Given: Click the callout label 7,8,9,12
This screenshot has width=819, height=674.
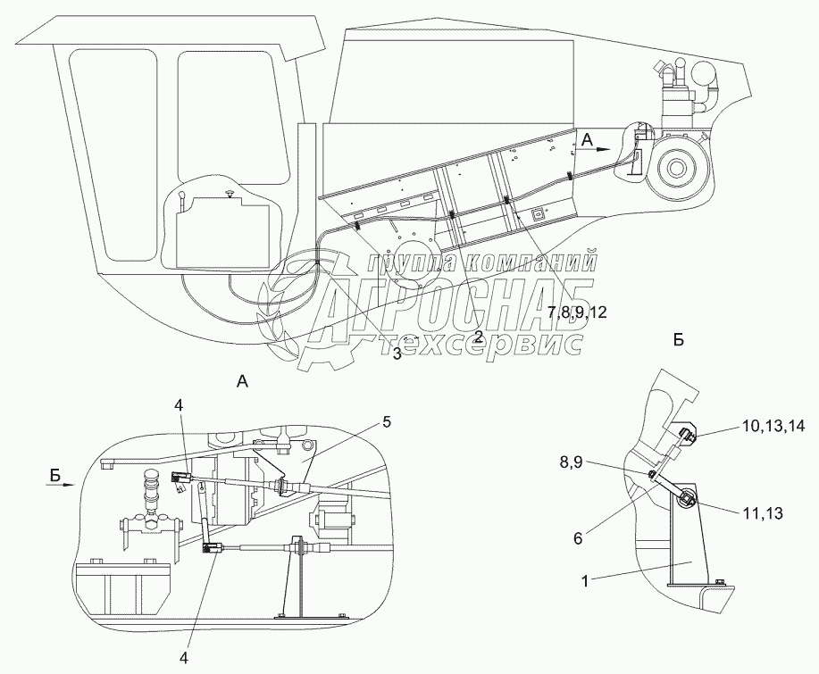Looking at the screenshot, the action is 577,312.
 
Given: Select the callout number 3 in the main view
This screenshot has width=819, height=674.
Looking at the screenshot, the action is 397,354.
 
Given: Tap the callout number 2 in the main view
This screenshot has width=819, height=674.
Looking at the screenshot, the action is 479,336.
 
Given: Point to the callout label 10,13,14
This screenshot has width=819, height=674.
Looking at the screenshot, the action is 773,426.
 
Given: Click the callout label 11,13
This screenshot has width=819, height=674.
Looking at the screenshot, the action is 762,513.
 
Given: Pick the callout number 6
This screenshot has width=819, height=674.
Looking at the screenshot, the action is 578,538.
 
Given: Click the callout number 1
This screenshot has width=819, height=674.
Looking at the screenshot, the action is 586,580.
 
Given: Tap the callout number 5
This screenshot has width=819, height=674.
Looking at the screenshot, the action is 386,422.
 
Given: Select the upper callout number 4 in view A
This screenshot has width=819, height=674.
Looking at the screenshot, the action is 180,405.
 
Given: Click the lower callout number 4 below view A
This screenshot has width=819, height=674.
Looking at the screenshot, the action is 183,658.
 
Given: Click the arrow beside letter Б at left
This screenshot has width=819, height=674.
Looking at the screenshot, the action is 63,485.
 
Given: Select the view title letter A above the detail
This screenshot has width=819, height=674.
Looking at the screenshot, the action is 242,382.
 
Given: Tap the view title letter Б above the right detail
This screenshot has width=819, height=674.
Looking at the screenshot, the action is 679,340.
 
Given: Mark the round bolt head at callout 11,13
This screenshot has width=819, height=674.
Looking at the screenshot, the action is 687,498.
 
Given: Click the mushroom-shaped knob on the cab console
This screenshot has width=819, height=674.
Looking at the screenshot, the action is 230,195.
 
